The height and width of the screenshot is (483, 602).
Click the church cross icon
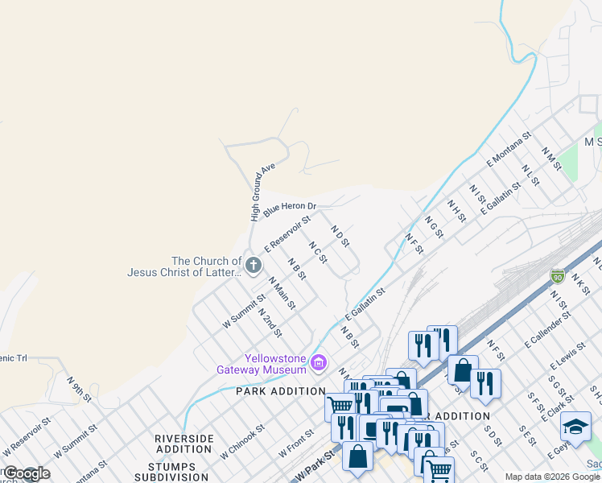click(253, 265)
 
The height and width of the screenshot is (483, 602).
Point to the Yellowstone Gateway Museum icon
click(319, 363)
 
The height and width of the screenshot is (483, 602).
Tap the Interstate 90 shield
click(558, 277)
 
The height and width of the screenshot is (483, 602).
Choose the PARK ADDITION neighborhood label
click(269, 391)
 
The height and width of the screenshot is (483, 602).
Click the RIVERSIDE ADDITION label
click(184, 443)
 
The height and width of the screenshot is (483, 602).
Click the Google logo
click(26, 474)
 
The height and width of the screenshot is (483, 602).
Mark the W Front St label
click(296, 444)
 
